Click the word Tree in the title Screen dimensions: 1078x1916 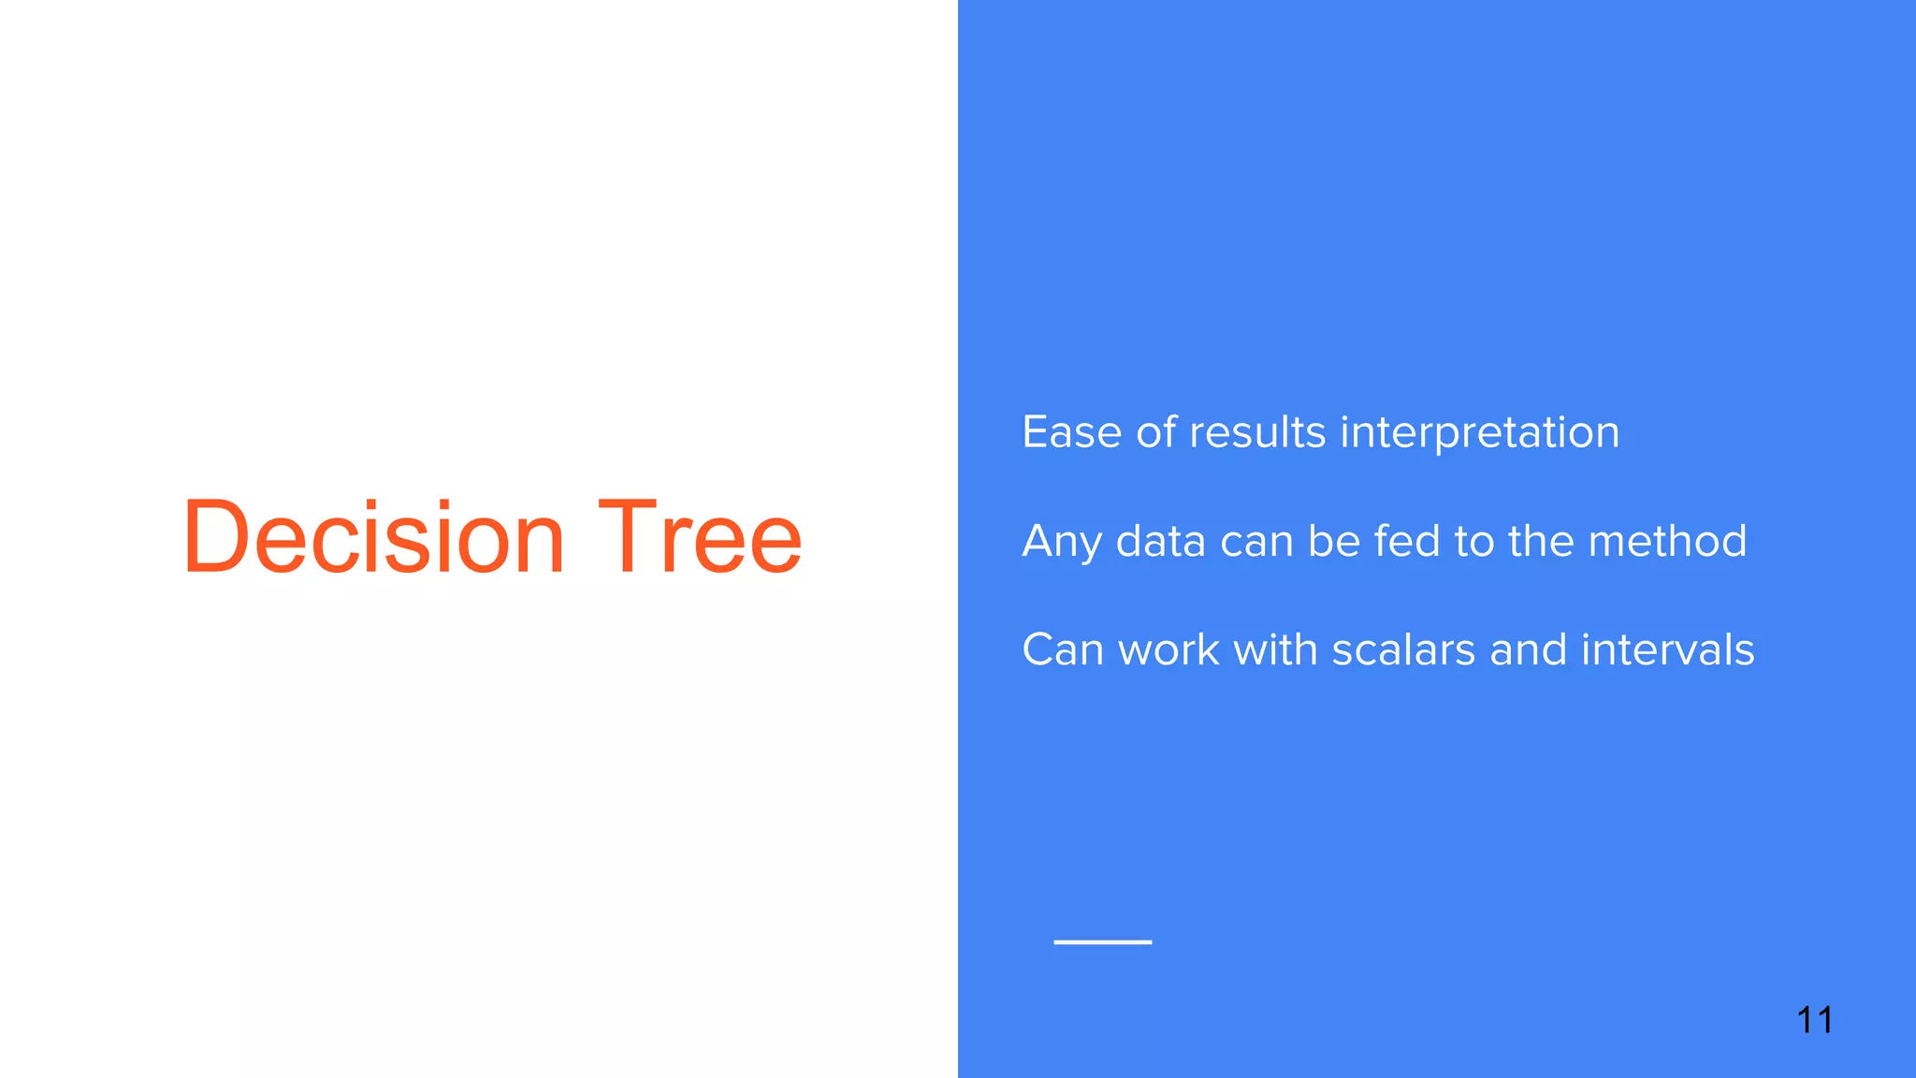click(x=700, y=537)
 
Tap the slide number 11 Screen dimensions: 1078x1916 click(x=1814, y=1020)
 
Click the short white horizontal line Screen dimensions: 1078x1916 click(x=1102, y=941)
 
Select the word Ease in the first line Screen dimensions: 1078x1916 click(x=1071, y=432)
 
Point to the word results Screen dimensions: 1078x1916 click(x=1257, y=432)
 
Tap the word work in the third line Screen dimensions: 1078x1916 click(x=1168, y=649)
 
